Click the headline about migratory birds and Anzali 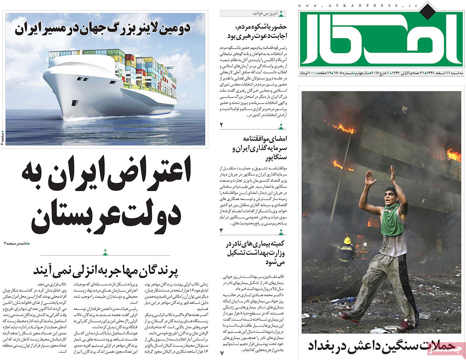[x=105, y=270]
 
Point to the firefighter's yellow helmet [x=347, y=240]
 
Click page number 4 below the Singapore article [x=222, y=231]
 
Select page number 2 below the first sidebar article [x=222, y=125]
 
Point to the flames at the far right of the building [x=453, y=155]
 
